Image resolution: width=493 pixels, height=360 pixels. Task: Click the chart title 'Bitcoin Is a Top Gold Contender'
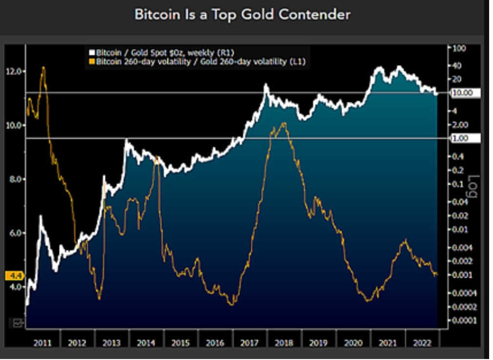pos(242,15)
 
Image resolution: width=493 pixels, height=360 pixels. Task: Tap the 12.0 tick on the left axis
pos(15,72)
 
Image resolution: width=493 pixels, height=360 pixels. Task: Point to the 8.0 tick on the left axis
pos(15,179)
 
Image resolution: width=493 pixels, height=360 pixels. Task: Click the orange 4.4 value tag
pos(13,276)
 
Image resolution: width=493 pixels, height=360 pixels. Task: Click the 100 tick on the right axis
pos(460,48)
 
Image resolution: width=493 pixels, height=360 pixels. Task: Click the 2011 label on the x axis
pos(42,343)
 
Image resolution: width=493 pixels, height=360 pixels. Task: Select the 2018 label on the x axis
pos(284,343)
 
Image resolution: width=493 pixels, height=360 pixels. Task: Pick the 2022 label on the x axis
pos(421,343)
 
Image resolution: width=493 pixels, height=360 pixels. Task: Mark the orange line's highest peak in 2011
pos(43,67)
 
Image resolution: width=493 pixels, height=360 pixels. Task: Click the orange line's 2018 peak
pos(284,123)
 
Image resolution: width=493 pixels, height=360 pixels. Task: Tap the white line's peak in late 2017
pos(266,85)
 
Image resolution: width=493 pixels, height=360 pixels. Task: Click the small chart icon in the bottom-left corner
pos(18,322)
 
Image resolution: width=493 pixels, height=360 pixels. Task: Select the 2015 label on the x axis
pos(180,343)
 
